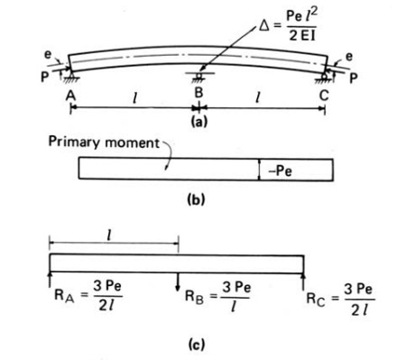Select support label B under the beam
[198, 94]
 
